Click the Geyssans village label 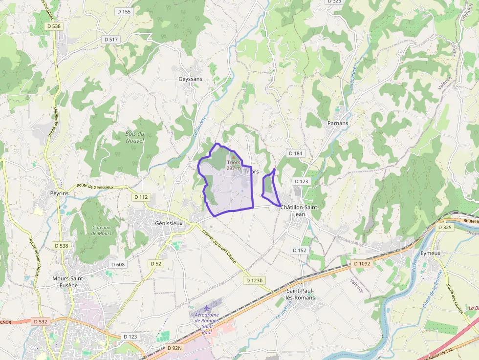pyautogui.click(x=190, y=79)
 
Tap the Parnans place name pyautogui.click(x=338, y=123)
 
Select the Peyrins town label pyautogui.click(x=59, y=193)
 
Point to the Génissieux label pyautogui.click(x=168, y=223)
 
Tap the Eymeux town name pyautogui.click(x=431, y=253)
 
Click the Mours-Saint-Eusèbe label pyautogui.click(x=69, y=282)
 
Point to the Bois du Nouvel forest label pyautogui.click(x=134, y=137)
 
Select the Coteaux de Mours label pyautogui.click(x=101, y=230)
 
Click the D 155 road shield pyautogui.click(x=125, y=11)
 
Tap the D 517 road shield pyautogui.click(x=111, y=39)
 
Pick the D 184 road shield pyautogui.click(x=295, y=153)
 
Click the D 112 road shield pyautogui.click(x=140, y=197)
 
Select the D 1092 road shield pyautogui.click(x=362, y=263)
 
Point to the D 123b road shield pyautogui.click(x=254, y=280)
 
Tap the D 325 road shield pyautogui.click(x=445, y=227)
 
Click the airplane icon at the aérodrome pyautogui.click(x=207, y=308)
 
